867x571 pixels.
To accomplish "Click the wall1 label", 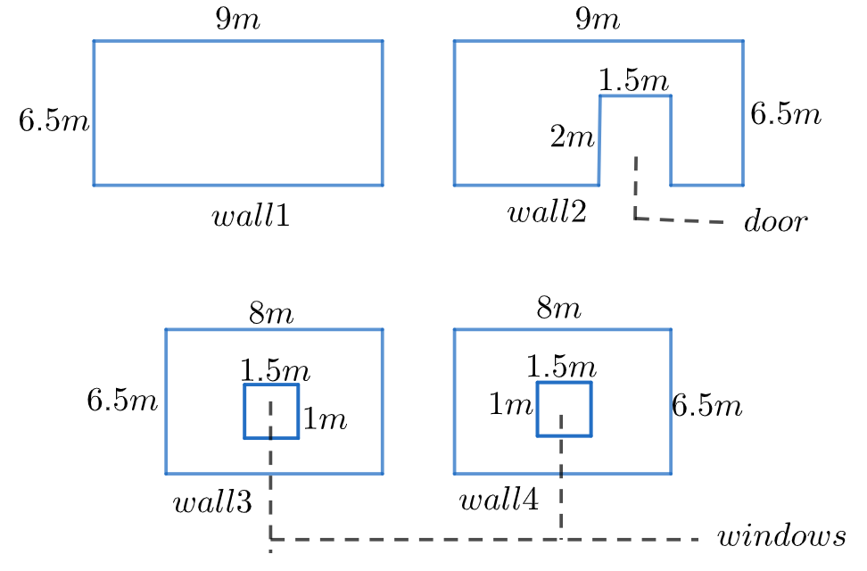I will click(251, 216).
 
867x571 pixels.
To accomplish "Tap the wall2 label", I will click(547, 213).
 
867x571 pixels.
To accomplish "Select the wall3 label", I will click(212, 503).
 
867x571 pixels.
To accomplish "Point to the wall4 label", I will click(499, 501).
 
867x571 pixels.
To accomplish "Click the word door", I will click(774, 222).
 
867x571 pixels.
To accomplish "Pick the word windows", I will click(781, 537).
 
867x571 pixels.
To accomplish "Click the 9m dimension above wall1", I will click(237, 21).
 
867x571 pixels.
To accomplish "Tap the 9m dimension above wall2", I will click(599, 21).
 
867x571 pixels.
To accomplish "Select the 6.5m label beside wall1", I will click(54, 121).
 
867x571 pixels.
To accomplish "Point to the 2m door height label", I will click(572, 138).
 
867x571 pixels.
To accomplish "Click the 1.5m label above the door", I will click(634, 81).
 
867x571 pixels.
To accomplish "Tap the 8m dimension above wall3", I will click(271, 314).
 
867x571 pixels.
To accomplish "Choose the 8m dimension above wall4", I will click(559, 310).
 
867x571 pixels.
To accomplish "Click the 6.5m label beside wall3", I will click(122, 400).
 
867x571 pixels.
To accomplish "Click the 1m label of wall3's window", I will click(325, 419).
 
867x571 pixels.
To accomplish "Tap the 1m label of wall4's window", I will click(510, 406).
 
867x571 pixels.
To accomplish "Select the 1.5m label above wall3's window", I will click(276, 370).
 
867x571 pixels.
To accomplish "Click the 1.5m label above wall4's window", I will click(561, 366).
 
